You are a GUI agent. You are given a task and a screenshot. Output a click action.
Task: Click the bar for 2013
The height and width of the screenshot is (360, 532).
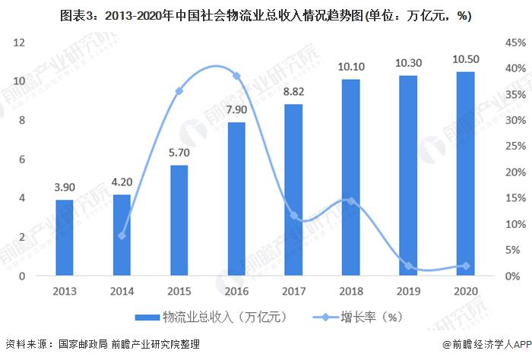pyautogui.click(x=65, y=238)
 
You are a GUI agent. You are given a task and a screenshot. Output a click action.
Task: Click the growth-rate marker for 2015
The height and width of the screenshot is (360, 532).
pyautogui.click(x=179, y=91)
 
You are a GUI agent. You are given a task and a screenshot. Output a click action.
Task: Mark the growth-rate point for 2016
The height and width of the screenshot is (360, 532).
pyautogui.click(x=236, y=76)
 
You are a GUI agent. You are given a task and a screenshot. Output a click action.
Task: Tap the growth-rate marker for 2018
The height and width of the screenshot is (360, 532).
pyautogui.click(x=351, y=201)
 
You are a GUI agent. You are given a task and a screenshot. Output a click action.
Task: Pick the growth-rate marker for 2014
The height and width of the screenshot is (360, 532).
pyautogui.click(x=122, y=235)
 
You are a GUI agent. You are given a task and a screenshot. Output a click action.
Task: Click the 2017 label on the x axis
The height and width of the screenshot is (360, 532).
pyautogui.click(x=294, y=290)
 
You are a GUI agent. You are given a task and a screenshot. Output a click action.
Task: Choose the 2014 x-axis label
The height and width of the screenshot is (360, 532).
pyautogui.click(x=122, y=290)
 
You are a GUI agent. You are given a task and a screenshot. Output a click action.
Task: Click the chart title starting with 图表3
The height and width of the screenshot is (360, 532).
pyautogui.click(x=266, y=13)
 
